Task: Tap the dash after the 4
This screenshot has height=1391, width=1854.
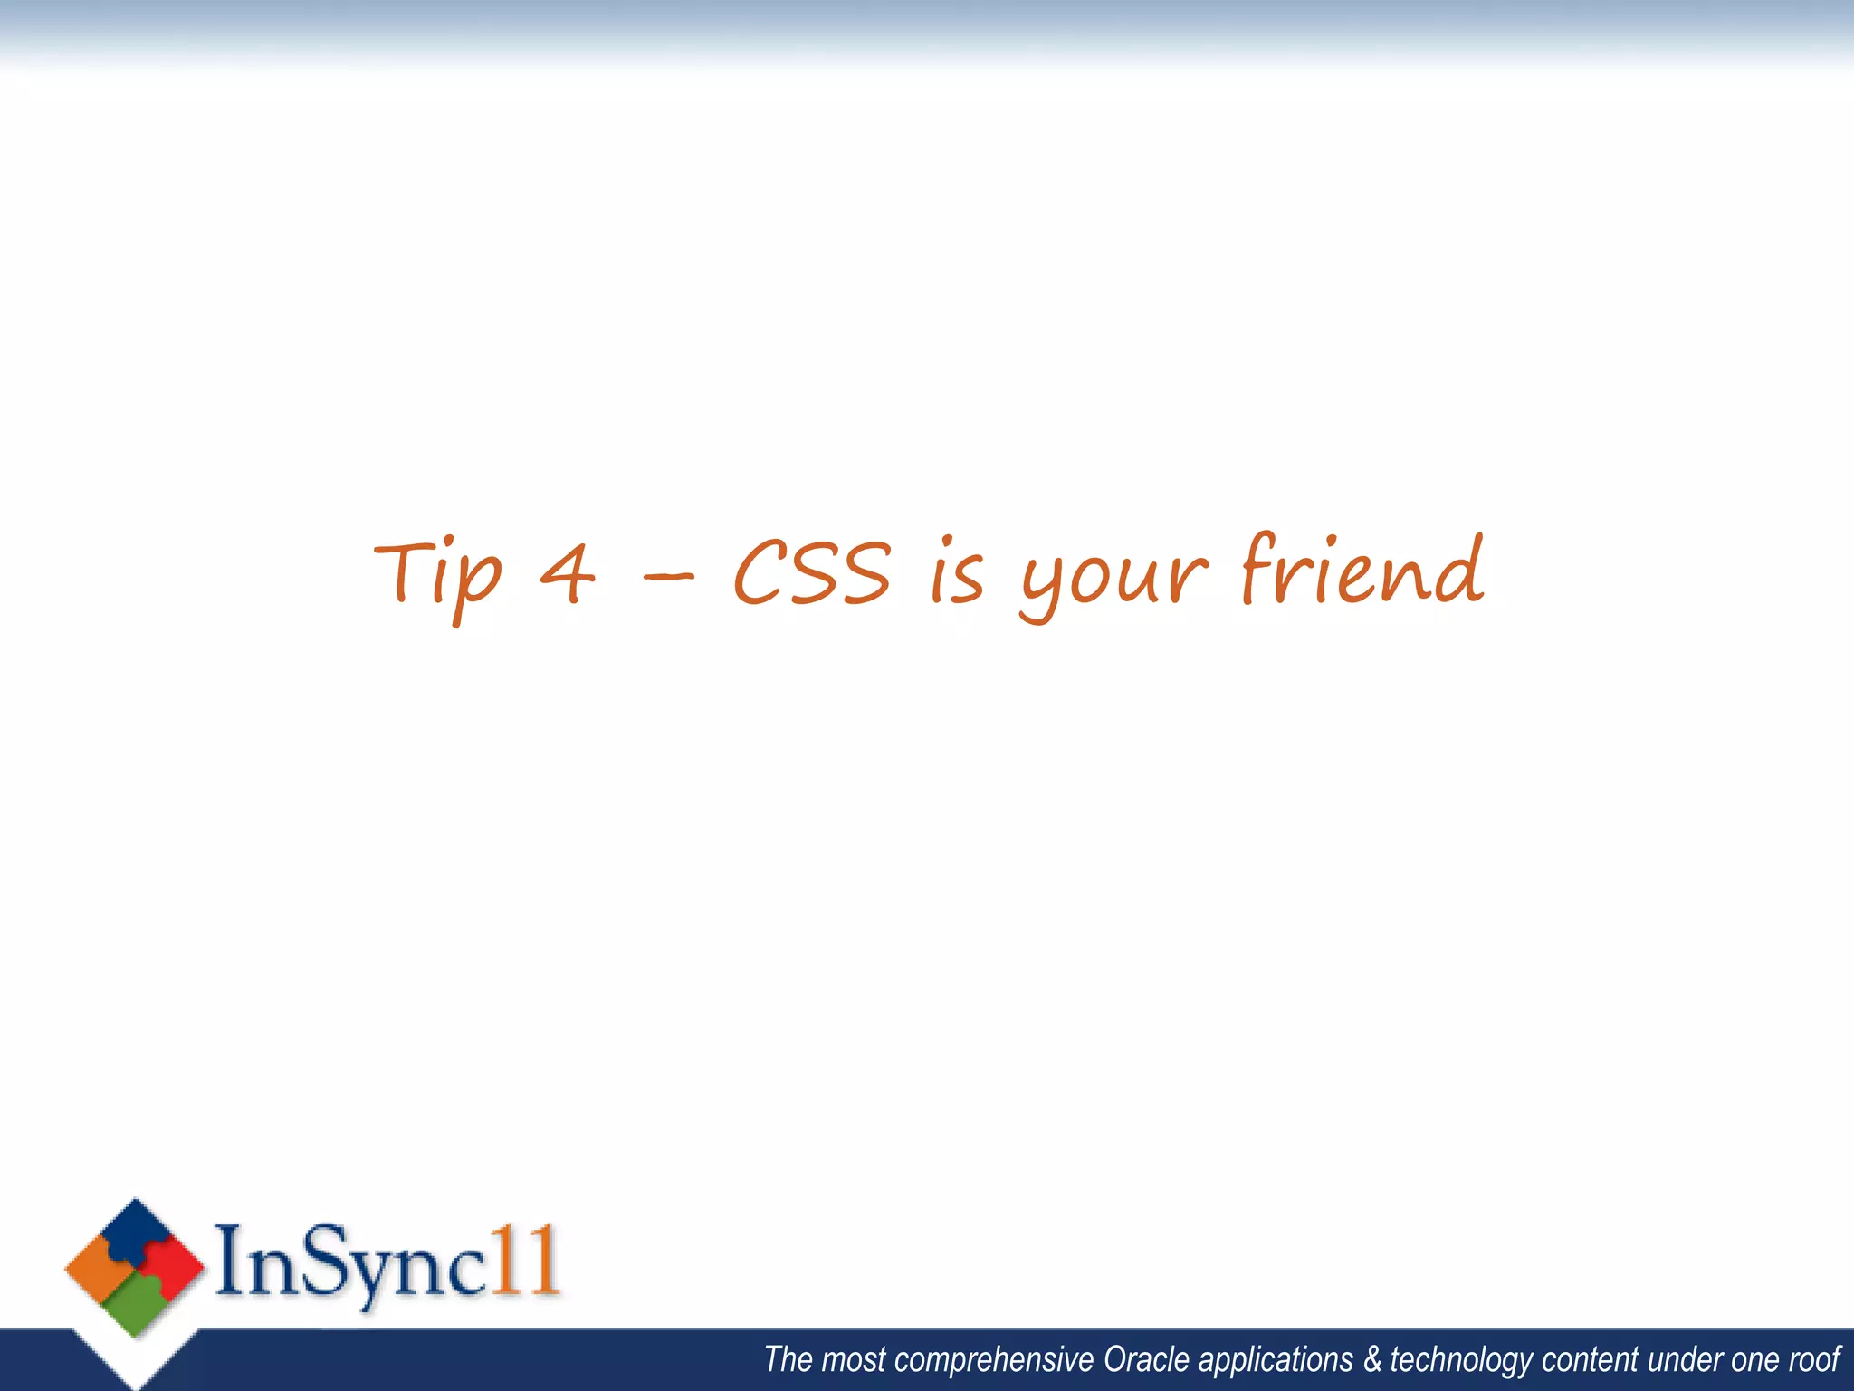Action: click(668, 575)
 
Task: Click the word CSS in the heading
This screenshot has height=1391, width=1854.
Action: click(812, 572)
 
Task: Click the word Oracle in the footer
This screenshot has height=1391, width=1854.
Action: click(1146, 1360)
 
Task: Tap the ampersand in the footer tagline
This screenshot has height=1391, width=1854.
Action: click(1373, 1360)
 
